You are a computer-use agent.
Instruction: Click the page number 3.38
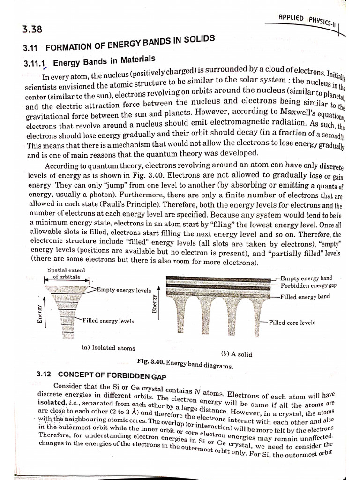coord(32,30)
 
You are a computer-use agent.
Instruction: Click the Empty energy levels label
coord(124,290)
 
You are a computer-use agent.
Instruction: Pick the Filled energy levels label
coord(108,321)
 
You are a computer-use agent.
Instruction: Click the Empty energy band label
coord(307,278)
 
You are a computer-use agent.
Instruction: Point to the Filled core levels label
coord(292,322)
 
